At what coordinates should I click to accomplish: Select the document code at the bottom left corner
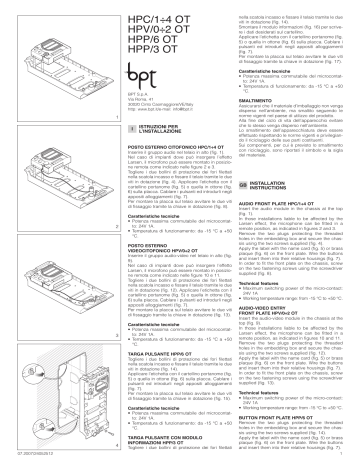(25, 461)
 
